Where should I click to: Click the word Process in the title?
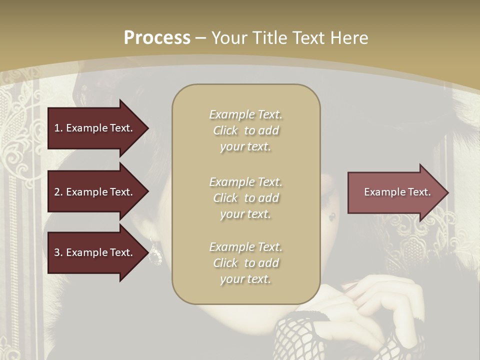click(157, 38)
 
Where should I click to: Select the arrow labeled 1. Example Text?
click(95, 128)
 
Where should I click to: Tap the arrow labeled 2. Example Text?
click(95, 192)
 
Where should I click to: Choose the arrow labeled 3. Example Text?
click(95, 252)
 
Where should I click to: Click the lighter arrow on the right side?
click(395, 192)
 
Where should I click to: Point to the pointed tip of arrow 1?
click(147, 128)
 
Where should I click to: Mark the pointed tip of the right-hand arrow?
click(447, 192)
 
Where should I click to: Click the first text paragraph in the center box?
click(245, 130)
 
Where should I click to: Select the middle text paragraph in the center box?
click(245, 198)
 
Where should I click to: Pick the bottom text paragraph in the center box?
click(245, 263)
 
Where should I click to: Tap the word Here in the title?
click(349, 38)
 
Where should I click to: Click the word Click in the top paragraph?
click(225, 130)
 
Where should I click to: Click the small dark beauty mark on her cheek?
click(331, 217)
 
